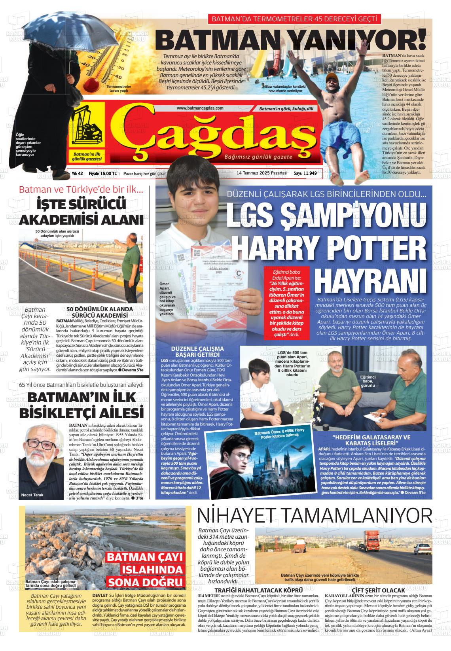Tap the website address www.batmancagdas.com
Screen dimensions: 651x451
tap(200, 108)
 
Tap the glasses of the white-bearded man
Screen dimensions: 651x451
tap(40, 444)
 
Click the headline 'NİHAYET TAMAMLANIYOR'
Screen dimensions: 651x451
tap(315, 516)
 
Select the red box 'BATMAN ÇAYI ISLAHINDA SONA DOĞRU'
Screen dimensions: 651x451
tap(145, 570)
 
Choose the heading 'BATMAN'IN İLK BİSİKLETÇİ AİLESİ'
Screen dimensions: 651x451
tap(81, 405)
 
